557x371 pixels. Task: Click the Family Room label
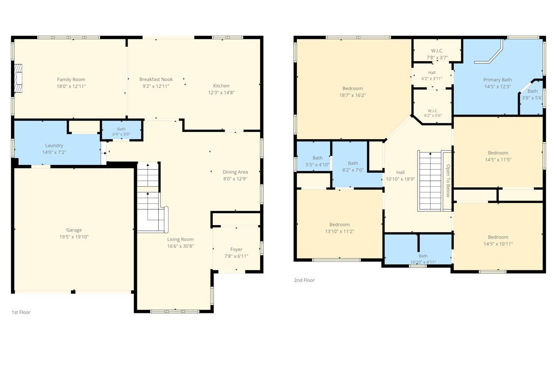pyautogui.click(x=71, y=80)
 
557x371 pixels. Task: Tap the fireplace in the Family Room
pyautogui.click(x=18, y=78)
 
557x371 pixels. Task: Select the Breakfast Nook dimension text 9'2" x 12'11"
pyautogui.click(x=156, y=86)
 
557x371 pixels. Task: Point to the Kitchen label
pyautogui.click(x=221, y=86)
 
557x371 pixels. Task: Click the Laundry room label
pyautogui.click(x=54, y=145)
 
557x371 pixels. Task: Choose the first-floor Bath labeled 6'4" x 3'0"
pyautogui.click(x=121, y=132)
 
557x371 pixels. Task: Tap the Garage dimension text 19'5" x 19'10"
pyautogui.click(x=74, y=237)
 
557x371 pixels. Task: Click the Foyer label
pyautogui.click(x=236, y=250)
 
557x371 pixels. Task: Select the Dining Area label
pyautogui.click(x=235, y=172)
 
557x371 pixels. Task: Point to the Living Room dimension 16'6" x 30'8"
pyautogui.click(x=180, y=246)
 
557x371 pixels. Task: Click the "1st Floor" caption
pyautogui.click(x=21, y=312)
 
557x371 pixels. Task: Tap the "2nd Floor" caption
pyautogui.click(x=304, y=280)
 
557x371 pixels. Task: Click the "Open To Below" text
pyautogui.click(x=448, y=181)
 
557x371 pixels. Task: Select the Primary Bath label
pyautogui.click(x=498, y=80)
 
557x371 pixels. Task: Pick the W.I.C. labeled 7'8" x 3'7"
pyautogui.click(x=437, y=54)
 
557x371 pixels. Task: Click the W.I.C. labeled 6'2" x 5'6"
pyautogui.click(x=433, y=113)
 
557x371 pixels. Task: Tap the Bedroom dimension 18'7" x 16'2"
pyautogui.click(x=353, y=95)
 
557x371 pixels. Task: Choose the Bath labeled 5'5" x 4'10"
pyautogui.click(x=318, y=161)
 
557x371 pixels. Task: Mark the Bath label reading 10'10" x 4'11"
pyautogui.click(x=423, y=259)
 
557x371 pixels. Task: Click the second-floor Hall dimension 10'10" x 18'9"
pyautogui.click(x=400, y=179)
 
